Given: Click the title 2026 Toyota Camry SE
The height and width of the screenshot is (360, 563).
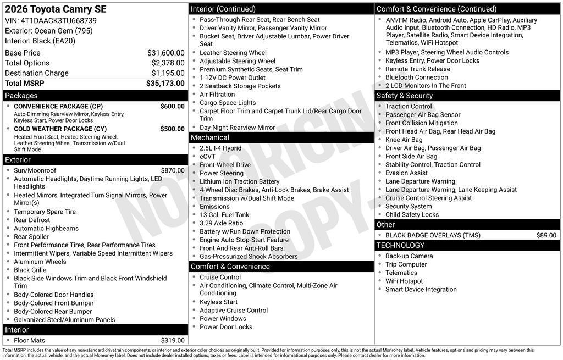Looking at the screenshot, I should [56, 9].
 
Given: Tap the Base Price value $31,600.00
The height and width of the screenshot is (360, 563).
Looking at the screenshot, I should [165, 53].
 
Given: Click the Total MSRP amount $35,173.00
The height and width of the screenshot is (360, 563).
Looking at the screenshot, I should [165, 84].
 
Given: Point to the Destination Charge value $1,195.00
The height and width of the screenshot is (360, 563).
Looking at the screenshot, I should [168, 73].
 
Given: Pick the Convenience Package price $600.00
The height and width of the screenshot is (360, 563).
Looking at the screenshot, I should [172, 106].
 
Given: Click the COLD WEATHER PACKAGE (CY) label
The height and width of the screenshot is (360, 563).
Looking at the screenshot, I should [60, 129].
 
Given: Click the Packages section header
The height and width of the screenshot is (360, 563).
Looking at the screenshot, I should [21, 96].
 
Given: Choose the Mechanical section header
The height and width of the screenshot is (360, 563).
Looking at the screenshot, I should [210, 137].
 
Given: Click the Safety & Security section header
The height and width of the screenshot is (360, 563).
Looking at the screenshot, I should [405, 96].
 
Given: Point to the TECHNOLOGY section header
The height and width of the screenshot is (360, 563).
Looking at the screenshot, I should [401, 245].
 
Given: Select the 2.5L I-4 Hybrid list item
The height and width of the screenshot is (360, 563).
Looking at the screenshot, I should [220, 148].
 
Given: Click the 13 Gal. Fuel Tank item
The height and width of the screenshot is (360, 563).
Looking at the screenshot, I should [224, 215].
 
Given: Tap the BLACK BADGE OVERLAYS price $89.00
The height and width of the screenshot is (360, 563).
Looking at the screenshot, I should [546, 235].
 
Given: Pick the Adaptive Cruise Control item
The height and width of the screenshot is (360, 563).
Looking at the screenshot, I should [234, 311].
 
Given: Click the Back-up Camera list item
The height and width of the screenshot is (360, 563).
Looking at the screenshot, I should [409, 256].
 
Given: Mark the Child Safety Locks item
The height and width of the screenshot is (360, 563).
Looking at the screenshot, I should [412, 215].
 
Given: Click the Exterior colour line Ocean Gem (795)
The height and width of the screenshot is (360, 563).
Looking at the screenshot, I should [49, 31].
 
